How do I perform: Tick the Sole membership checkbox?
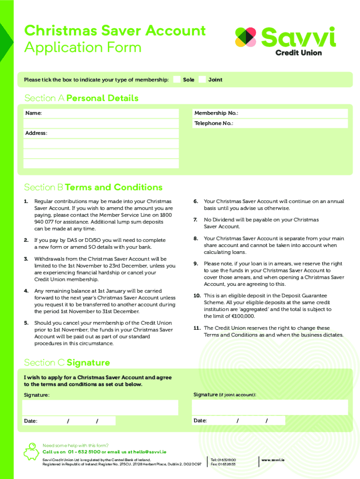pos(177,80)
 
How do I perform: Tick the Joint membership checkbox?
pos(202,80)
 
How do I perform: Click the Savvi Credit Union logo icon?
pos(246,37)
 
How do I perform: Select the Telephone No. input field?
pos(290,123)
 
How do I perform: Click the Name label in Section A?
pos(33,113)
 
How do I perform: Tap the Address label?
pos(36,133)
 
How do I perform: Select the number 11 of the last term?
pos(197,328)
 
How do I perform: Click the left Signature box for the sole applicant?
pos(101,407)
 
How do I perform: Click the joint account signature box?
pos(270,407)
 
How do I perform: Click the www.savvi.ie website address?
pos(273,460)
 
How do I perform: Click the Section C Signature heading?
pos(67,363)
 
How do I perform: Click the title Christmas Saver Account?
pos(115,31)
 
